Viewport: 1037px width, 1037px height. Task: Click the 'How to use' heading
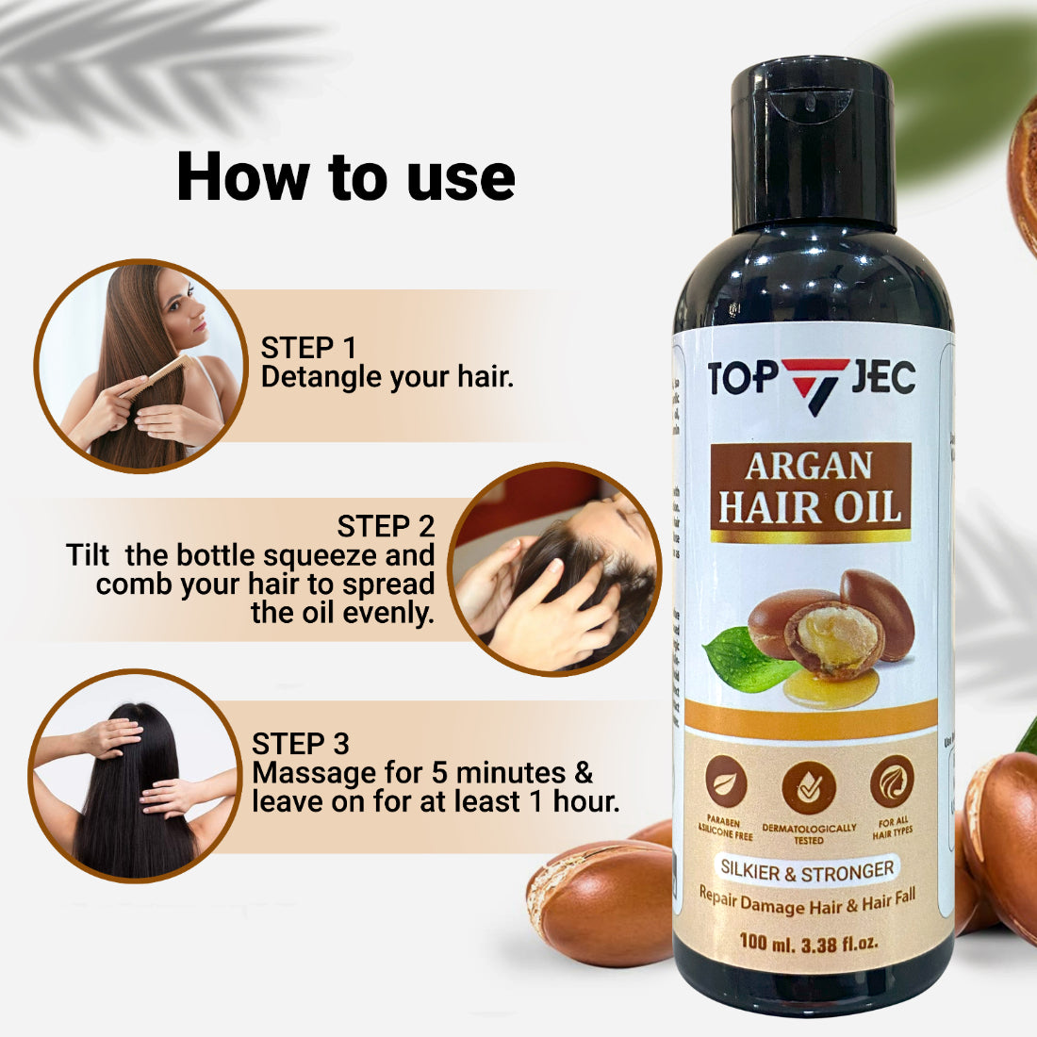[x=345, y=176]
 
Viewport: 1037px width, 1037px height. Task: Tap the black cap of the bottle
[x=813, y=141]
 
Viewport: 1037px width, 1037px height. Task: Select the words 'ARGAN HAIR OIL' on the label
[x=810, y=488]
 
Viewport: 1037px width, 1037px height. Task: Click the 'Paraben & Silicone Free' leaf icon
[x=726, y=782]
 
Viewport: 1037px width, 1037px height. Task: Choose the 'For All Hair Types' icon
[x=891, y=782]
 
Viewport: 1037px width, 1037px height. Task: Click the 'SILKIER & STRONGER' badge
[x=807, y=870]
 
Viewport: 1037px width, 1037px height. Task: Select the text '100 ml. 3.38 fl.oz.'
[x=809, y=942]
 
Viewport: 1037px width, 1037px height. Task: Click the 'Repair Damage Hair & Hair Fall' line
[x=807, y=902]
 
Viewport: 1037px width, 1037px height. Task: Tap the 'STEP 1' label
[x=308, y=348]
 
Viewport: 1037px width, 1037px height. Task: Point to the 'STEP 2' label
[x=386, y=526]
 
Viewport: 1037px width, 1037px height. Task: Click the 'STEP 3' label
[x=300, y=744]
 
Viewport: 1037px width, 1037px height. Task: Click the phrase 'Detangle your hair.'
[x=387, y=377]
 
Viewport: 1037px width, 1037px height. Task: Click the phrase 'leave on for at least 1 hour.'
[x=436, y=802]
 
